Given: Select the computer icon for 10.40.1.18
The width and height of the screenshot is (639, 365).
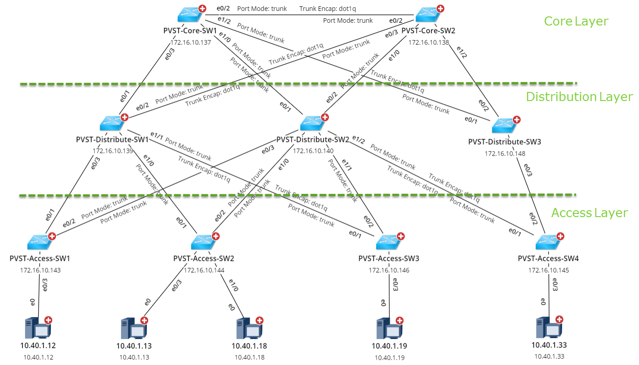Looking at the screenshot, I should point(248,328).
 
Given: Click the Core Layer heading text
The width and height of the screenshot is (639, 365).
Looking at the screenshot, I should point(576,21).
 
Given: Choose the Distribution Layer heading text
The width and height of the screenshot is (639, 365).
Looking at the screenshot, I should point(579,97).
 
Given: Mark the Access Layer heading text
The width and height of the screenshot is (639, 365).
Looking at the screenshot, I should point(589,213).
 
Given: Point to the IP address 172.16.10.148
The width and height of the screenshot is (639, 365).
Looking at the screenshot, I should point(505,153).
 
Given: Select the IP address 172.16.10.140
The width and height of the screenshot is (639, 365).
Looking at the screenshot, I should point(313,151).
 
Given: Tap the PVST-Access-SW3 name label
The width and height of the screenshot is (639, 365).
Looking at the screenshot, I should point(388,259).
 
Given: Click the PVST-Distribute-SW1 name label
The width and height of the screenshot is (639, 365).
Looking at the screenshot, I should point(112,139).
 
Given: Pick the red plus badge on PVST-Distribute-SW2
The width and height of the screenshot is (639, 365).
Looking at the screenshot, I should point(324,117).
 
